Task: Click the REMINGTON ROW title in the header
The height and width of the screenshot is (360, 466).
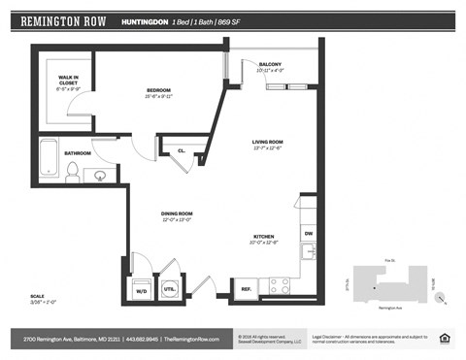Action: [x=64, y=20]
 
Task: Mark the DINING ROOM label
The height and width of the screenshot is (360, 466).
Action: [x=177, y=213]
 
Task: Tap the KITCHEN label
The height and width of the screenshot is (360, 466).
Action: [x=264, y=236]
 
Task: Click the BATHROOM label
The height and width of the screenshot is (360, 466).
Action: [x=78, y=153]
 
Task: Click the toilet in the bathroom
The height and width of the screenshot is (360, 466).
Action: [x=72, y=172]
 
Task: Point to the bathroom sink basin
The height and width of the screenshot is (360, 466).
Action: [x=101, y=175]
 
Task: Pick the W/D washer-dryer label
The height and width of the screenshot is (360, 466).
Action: [x=141, y=289]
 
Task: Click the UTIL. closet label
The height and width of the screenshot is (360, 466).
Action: [x=168, y=289]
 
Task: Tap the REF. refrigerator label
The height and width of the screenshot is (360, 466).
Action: [x=244, y=288]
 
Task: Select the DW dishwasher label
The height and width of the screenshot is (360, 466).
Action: [x=308, y=233]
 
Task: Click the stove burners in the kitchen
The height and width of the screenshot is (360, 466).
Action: [x=279, y=285]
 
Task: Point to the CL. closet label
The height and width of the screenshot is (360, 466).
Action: [x=182, y=151]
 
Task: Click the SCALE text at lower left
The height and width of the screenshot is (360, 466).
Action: [x=37, y=296]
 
